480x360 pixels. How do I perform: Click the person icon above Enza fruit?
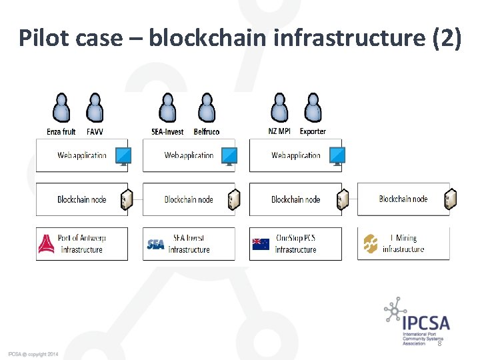pos(61,108)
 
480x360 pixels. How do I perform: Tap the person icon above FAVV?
pos(95,108)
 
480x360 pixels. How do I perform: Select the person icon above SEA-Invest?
pos(168,108)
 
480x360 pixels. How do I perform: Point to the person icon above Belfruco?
pos(207,108)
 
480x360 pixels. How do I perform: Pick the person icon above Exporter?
pos(313,108)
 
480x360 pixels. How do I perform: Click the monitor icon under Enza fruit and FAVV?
pos(123,156)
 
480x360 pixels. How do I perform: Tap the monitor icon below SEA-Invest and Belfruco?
pos(229,156)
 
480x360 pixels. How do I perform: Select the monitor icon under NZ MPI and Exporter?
pos(337,156)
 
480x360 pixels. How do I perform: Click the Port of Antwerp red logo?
pos(47,245)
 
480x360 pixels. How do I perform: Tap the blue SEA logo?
pos(155,245)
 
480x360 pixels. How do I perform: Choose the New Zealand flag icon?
pos(261,245)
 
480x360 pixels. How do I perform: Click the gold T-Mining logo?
pos(371,245)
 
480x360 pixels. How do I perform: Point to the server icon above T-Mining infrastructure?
pos(450,199)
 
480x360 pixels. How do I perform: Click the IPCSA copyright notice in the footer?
pos(33,353)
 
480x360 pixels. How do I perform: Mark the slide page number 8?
pos(439,344)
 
